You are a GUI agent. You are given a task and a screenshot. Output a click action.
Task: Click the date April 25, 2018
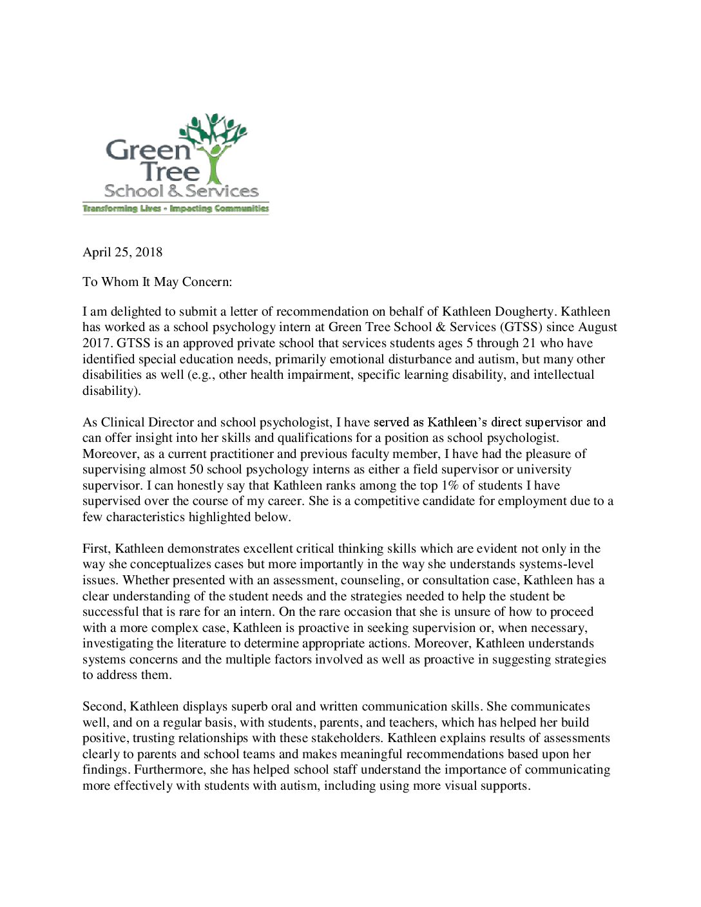point(122,253)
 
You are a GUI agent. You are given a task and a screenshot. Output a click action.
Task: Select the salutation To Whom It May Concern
point(157,282)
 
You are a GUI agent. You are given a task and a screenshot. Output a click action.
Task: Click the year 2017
point(97,343)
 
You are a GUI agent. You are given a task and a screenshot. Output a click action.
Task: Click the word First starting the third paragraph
point(97,549)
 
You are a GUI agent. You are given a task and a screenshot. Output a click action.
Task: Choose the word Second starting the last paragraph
point(103,707)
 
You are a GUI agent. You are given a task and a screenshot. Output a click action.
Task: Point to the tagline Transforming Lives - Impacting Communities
point(175,209)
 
